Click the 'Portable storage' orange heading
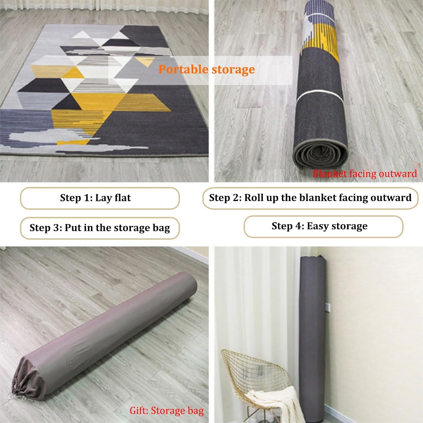point(206,69)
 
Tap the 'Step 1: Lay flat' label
point(95,198)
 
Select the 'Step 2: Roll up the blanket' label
point(310,198)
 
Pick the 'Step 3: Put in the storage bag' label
point(100,228)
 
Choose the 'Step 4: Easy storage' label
point(320,226)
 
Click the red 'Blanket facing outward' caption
point(364,173)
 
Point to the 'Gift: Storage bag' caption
point(166,411)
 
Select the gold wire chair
point(254,375)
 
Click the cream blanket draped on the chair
point(271,400)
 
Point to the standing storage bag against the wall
point(313,338)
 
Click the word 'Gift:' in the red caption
point(139,411)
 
